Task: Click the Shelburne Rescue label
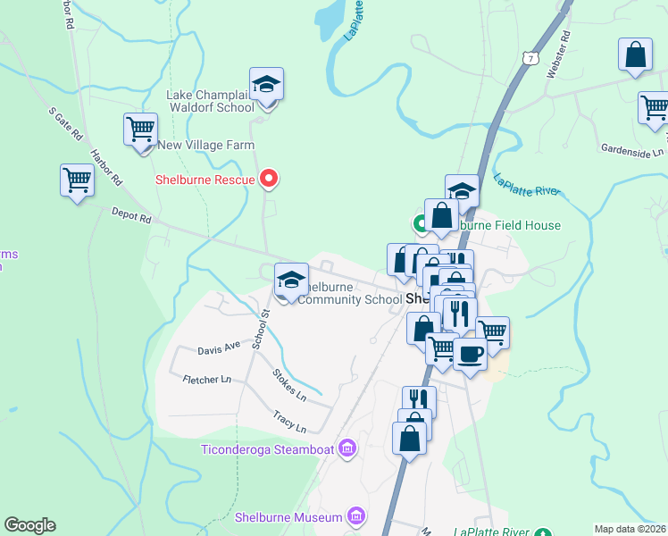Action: tap(205, 180)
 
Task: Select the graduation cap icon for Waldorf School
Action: tap(266, 84)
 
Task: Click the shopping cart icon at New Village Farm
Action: tap(141, 130)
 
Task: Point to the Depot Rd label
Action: tap(132, 214)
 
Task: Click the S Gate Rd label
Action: tap(64, 126)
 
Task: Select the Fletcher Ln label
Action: tap(206, 380)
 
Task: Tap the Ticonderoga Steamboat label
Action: tap(269, 448)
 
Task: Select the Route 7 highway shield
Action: tap(531, 58)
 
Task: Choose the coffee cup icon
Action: tap(470, 354)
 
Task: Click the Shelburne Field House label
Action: tap(511, 225)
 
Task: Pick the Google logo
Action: tap(29, 525)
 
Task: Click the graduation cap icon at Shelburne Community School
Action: tap(291, 281)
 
